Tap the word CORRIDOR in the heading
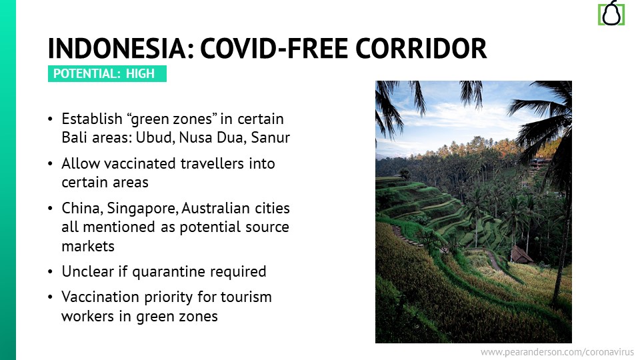[x=421, y=48]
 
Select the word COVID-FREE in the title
[x=274, y=48]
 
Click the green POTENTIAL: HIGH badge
[x=107, y=73]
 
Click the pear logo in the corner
[x=611, y=13]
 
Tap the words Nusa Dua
[x=212, y=137]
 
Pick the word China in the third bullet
[x=82, y=209]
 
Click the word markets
[x=88, y=246]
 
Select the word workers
[x=88, y=316]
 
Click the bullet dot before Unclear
[x=50, y=272]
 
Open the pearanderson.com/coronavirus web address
[x=557, y=352]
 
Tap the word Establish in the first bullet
[x=92, y=119]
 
